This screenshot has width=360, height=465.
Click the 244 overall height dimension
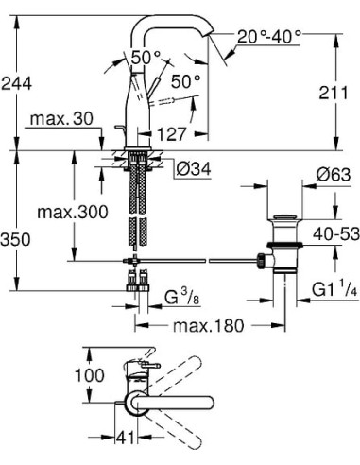[x=16, y=84]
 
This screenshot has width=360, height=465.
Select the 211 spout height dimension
[x=334, y=93]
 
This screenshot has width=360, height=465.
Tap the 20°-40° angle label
[x=269, y=37]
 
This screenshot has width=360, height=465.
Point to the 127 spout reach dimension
[x=172, y=134]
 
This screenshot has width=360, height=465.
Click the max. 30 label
[x=61, y=119]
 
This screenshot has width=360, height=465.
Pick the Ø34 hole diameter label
[x=194, y=170]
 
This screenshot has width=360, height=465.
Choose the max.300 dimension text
[x=73, y=212]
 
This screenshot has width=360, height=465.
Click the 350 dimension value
[x=16, y=239]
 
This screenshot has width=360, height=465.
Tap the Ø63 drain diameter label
[x=334, y=175]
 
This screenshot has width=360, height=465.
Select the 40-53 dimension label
[x=336, y=234]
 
